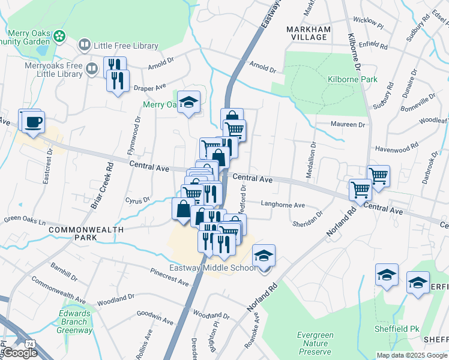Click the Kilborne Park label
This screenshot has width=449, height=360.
coord(352,79)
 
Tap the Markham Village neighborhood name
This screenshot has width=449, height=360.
coord(307,33)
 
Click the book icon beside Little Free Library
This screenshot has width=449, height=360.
coord(85,46)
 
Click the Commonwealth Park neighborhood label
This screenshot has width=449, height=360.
coord(86,233)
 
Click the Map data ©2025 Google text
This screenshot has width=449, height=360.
coord(412,355)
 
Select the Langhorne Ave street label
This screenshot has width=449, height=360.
coord(283,204)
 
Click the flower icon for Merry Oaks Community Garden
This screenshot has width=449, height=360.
coord(59,37)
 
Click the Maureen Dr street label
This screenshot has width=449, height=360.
coord(348,125)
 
